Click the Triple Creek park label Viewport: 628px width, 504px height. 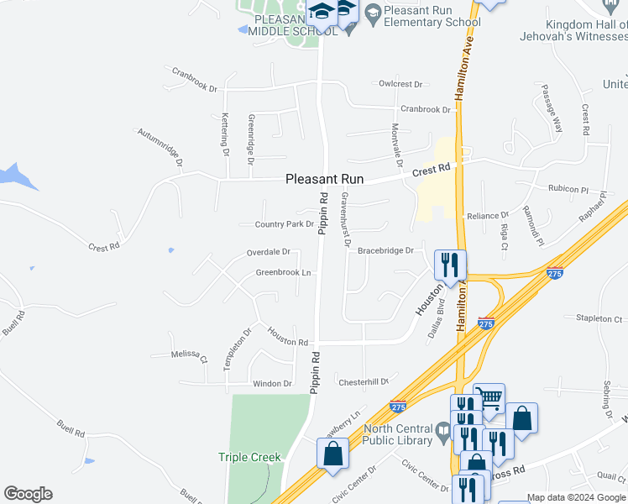tap(249, 457)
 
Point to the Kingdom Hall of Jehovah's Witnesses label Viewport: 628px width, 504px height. tap(586, 30)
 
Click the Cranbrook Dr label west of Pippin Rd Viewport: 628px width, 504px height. tap(195, 88)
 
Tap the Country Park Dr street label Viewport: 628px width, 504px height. tap(284, 224)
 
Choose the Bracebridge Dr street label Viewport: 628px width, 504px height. tap(385, 250)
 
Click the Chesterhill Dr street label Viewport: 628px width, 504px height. tap(363, 381)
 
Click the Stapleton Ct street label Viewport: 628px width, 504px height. tap(599, 319)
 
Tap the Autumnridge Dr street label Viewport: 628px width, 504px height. tap(160, 144)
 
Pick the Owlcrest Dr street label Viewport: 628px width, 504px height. tap(400, 84)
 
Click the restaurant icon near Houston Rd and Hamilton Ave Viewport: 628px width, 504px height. tap(450, 265)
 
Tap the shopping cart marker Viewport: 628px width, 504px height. tap(489, 398)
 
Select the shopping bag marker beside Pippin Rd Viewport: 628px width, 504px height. tap(333, 453)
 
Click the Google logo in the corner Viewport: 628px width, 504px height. tap(28, 494)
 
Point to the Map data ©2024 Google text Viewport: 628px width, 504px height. tap(577, 497)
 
